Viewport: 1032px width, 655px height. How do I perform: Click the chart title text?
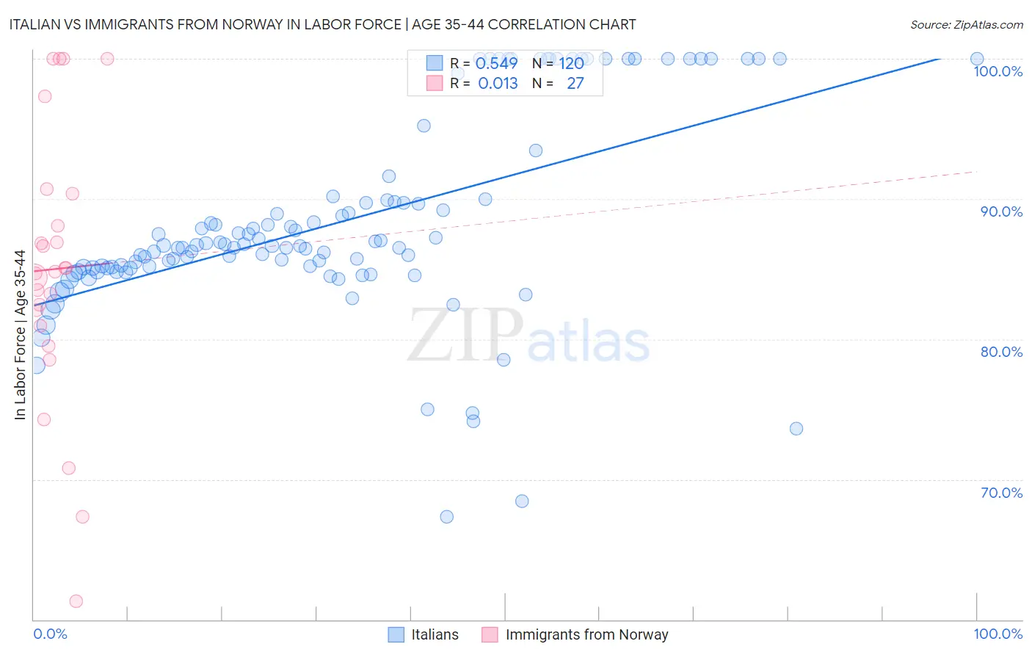[322, 24]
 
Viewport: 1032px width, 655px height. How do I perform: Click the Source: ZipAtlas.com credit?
[966, 24]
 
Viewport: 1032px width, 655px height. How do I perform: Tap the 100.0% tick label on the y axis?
[998, 71]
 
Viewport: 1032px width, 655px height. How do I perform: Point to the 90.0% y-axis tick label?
[1001, 211]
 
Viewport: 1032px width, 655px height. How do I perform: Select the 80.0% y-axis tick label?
[1001, 352]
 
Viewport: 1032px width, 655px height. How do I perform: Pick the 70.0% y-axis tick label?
[1001, 493]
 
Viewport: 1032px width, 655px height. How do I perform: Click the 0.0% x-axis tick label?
[50, 634]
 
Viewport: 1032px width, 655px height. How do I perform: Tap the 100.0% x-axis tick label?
[998, 634]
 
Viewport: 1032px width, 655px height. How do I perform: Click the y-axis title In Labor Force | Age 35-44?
[20, 335]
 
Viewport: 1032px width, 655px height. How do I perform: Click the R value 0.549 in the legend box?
[497, 63]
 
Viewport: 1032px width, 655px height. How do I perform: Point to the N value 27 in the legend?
[575, 84]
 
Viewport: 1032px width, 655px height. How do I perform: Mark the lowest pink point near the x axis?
[76, 601]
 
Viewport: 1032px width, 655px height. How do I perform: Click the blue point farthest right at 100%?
[977, 59]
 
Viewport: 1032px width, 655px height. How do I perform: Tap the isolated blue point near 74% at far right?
[796, 429]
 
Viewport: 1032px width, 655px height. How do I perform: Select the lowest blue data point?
[446, 517]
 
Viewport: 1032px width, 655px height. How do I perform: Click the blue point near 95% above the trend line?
[424, 126]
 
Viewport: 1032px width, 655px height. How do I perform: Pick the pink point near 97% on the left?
[45, 96]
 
